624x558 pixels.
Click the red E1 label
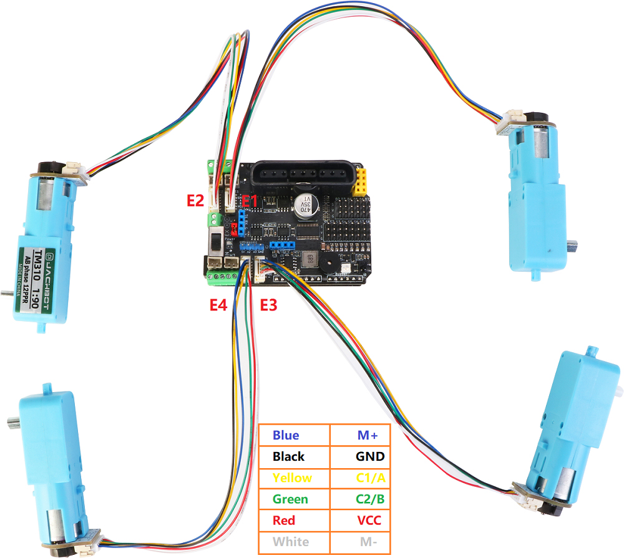coord(250,201)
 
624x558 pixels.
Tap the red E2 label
coord(196,201)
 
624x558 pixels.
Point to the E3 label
coord(268,305)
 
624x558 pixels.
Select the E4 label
coord(218,305)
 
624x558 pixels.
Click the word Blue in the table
coord(286,435)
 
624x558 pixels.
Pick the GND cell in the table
coord(370,456)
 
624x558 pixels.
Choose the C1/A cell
coord(370,478)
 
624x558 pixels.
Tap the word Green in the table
coord(290,499)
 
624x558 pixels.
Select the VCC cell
coord(370,520)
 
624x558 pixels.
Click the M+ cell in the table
coord(370,435)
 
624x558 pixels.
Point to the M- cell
coord(370,541)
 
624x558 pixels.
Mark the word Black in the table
coord(289,456)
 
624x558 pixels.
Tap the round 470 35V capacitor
coord(308,206)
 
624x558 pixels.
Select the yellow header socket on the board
coord(363,180)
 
